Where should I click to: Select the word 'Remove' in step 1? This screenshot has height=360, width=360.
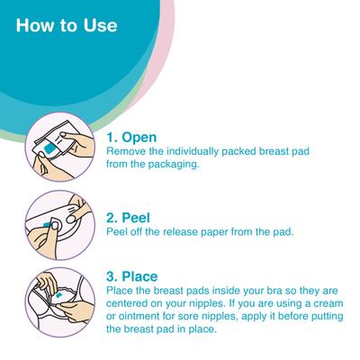tap(128, 155)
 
